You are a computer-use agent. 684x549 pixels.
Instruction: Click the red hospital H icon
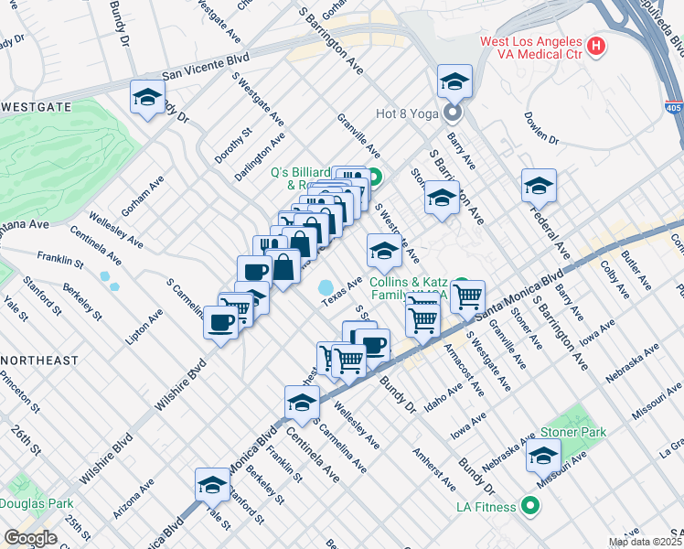[x=596, y=45]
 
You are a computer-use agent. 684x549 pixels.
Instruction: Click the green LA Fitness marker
[x=529, y=505]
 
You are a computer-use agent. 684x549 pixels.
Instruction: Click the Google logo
[x=31, y=538]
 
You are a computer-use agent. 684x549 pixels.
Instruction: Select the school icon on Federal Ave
[x=540, y=185]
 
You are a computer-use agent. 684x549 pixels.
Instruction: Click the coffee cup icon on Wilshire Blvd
[x=220, y=323]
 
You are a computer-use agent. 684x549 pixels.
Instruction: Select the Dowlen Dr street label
[x=541, y=127]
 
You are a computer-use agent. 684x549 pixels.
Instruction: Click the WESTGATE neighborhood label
[x=36, y=107]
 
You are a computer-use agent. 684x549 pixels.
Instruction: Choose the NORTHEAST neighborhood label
[x=39, y=361]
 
